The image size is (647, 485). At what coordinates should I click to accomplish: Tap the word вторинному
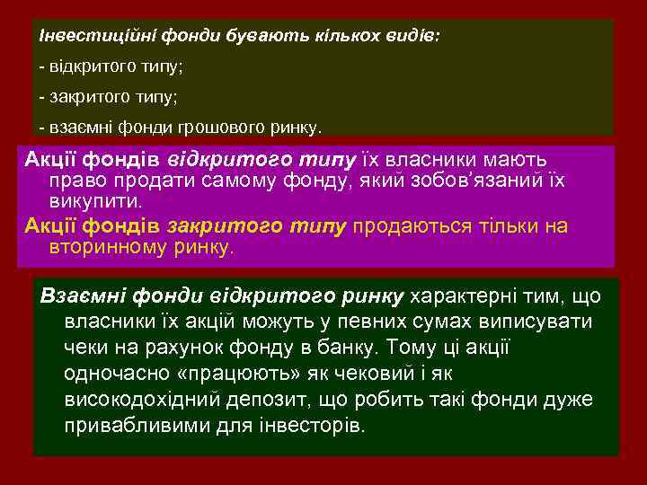coord(107,245)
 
